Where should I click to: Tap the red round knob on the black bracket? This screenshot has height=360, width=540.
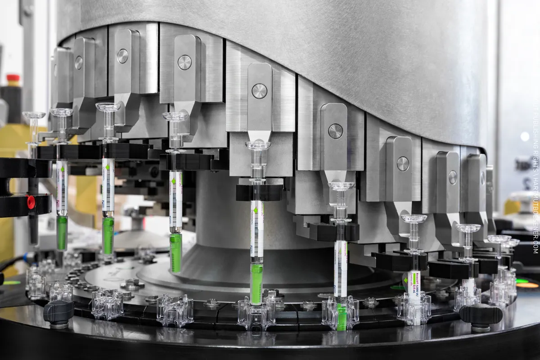[31, 201]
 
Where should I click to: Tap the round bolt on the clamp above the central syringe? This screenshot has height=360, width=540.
[259, 91]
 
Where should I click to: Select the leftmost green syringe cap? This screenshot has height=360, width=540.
[62, 232]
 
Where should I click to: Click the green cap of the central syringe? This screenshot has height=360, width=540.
[256, 283]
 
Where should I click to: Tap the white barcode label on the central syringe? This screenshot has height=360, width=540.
[257, 229]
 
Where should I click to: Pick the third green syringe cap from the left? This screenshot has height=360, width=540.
[176, 252]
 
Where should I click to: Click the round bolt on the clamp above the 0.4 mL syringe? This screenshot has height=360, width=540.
[403, 164]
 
